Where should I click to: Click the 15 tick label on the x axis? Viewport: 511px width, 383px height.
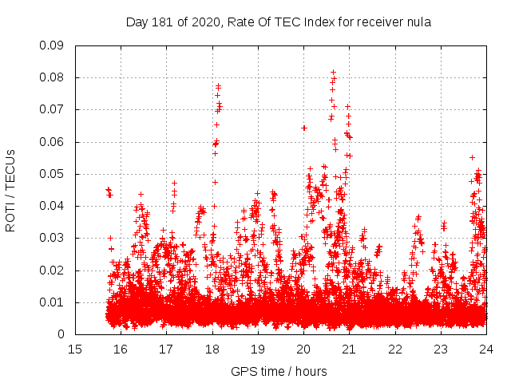75,349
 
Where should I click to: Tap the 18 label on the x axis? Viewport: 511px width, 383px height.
212,349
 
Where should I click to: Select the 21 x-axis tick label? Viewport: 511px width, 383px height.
349,349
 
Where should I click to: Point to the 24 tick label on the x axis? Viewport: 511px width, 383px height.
486,349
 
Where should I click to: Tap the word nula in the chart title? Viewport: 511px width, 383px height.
420,22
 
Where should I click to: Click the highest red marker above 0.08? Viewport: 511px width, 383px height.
333,72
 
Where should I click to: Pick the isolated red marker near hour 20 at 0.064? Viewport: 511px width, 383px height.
304,128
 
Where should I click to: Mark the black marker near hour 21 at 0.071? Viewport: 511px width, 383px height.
347,106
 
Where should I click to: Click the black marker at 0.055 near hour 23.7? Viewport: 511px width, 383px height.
472,157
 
